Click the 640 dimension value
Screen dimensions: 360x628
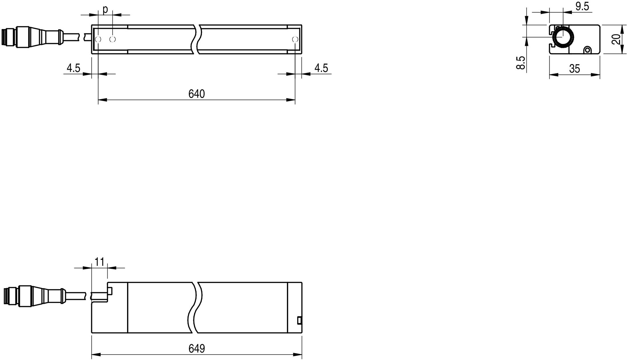click(197, 94)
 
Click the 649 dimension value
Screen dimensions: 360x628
click(197, 348)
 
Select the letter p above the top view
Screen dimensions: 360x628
click(105, 10)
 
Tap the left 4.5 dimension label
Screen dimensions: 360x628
click(73, 68)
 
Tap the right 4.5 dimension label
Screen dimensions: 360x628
click(321, 68)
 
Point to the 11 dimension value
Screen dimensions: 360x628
click(99, 262)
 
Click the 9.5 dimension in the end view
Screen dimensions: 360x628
click(582, 6)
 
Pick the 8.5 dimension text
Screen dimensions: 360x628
click(521, 63)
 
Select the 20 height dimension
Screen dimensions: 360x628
click(616, 39)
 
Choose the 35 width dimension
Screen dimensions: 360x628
click(574, 69)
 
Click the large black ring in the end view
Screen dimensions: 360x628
click(563, 37)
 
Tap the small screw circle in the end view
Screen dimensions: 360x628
click(587, 50)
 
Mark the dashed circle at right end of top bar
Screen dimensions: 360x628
click(295, 39)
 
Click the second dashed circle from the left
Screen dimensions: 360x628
click(113, 39)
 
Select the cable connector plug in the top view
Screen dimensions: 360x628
click(31, 37)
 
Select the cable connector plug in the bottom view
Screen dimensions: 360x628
click(34, 296)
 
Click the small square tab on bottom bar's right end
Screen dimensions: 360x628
click(299, 320)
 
